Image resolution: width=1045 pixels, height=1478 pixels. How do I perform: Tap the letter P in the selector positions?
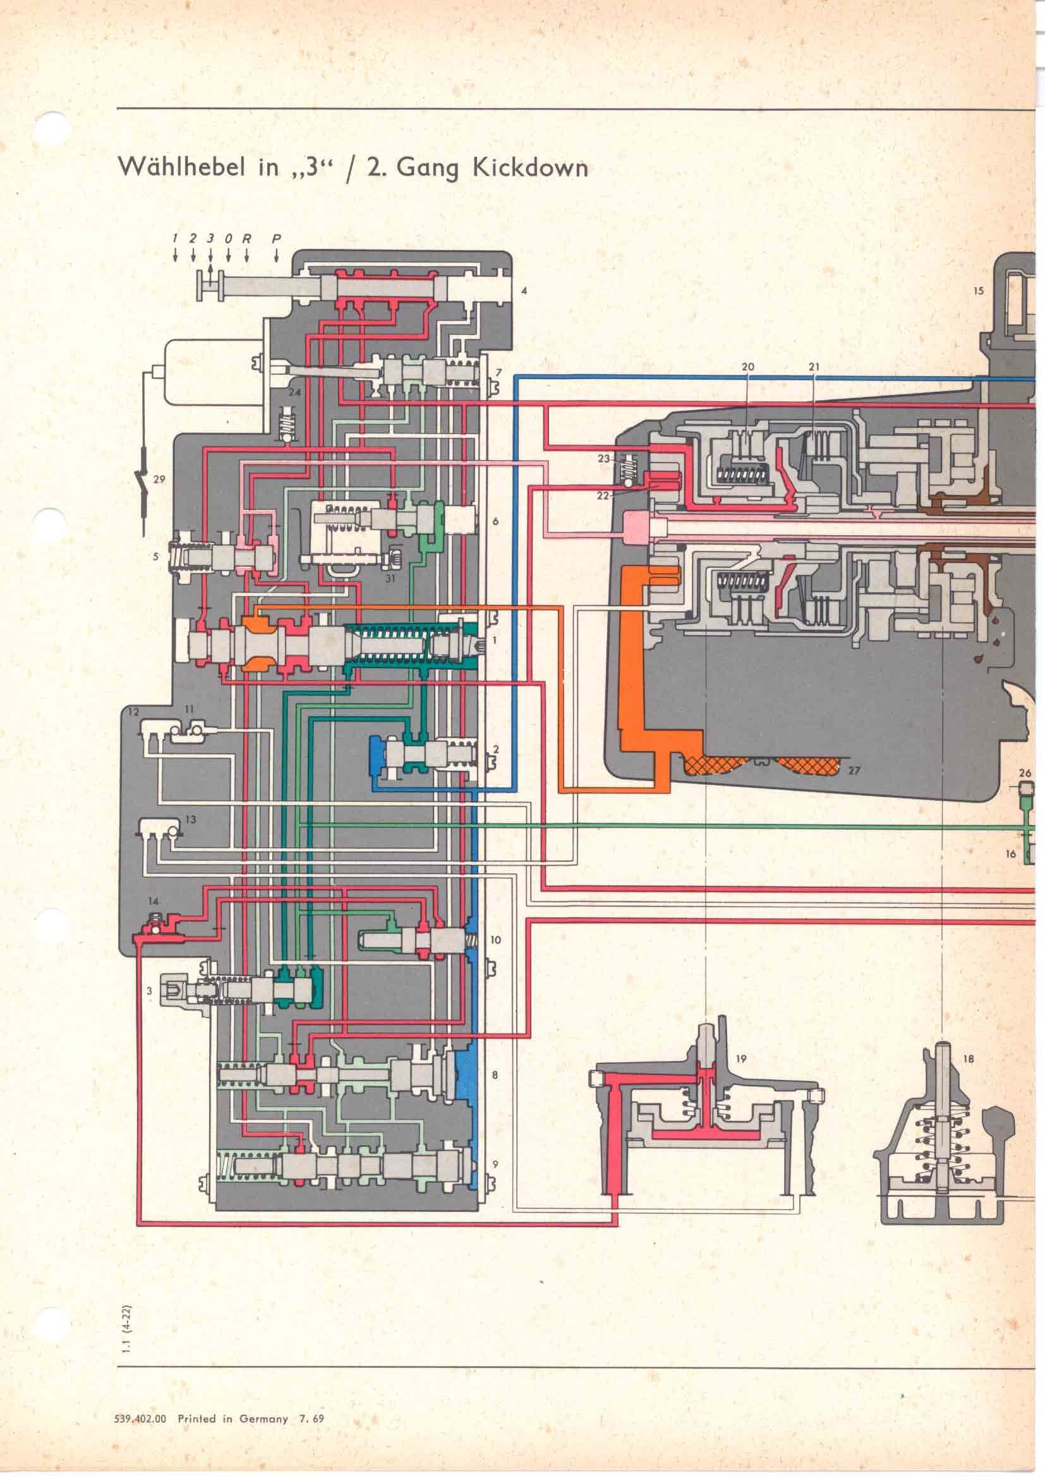click(276, 239)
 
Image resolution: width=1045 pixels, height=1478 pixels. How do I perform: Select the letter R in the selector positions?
click(246, 239)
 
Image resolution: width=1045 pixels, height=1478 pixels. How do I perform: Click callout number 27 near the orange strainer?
click(854, 770)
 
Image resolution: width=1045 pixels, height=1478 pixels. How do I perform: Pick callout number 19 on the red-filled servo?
click(740, 1058)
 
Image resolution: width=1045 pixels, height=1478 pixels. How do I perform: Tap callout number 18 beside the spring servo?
click(969, 1058)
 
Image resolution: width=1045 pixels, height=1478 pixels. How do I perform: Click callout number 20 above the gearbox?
click(747, 367)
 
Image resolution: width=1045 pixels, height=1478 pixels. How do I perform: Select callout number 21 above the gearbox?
click(814, 367)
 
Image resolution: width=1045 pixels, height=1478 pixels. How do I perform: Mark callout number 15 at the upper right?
click(978, 291)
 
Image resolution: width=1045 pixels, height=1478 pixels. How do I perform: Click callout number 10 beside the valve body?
click(495, 940)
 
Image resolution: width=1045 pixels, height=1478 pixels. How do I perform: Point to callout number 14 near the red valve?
click(153, 901)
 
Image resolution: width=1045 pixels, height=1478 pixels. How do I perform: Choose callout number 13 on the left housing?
click(190, 820)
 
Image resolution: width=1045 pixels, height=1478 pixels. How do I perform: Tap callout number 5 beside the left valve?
click(155, 557)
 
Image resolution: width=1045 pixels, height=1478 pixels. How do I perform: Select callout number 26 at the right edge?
click(1025, 773)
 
